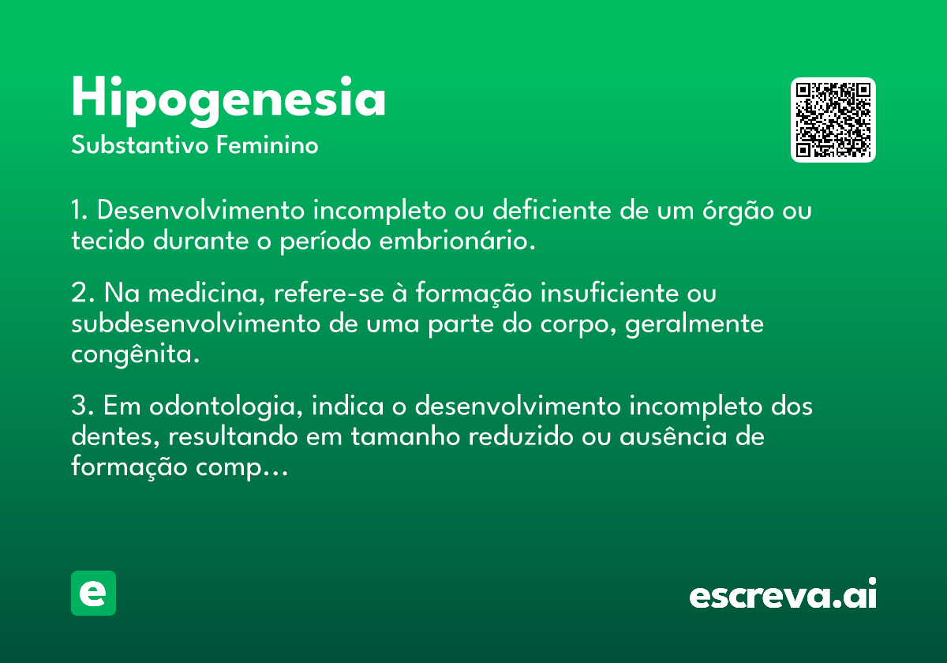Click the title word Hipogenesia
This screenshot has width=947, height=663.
pyautogui.click(x=228, y=101)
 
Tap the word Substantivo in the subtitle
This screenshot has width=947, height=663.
pyautogui.click(x=140, y=145)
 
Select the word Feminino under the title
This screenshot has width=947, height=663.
pyautogui.click(x=268, y=144)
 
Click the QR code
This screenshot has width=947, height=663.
pyautogui.click(x=833, y=120)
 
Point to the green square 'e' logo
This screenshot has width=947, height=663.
pyautogui.click(x=93, y=593)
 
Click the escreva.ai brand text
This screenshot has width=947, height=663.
pyautogui.click(x=783, y=594)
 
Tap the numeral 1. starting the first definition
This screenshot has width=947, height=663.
pyautogui.click(x=80, y=210)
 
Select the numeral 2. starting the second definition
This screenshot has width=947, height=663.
pyautogui.click(x=83, y=293)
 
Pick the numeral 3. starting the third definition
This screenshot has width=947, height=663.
pyautogui.click(x=82, y=406)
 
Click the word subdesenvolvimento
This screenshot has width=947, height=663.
pyautogui.click(x=197, y=324)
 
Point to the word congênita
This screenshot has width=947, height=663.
pyautogui.click(x=135, y=354)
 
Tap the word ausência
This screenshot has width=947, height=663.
pyautogui.click(x=673, y=436)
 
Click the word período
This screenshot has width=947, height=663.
pyautogui.click(x=325, y=240)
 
